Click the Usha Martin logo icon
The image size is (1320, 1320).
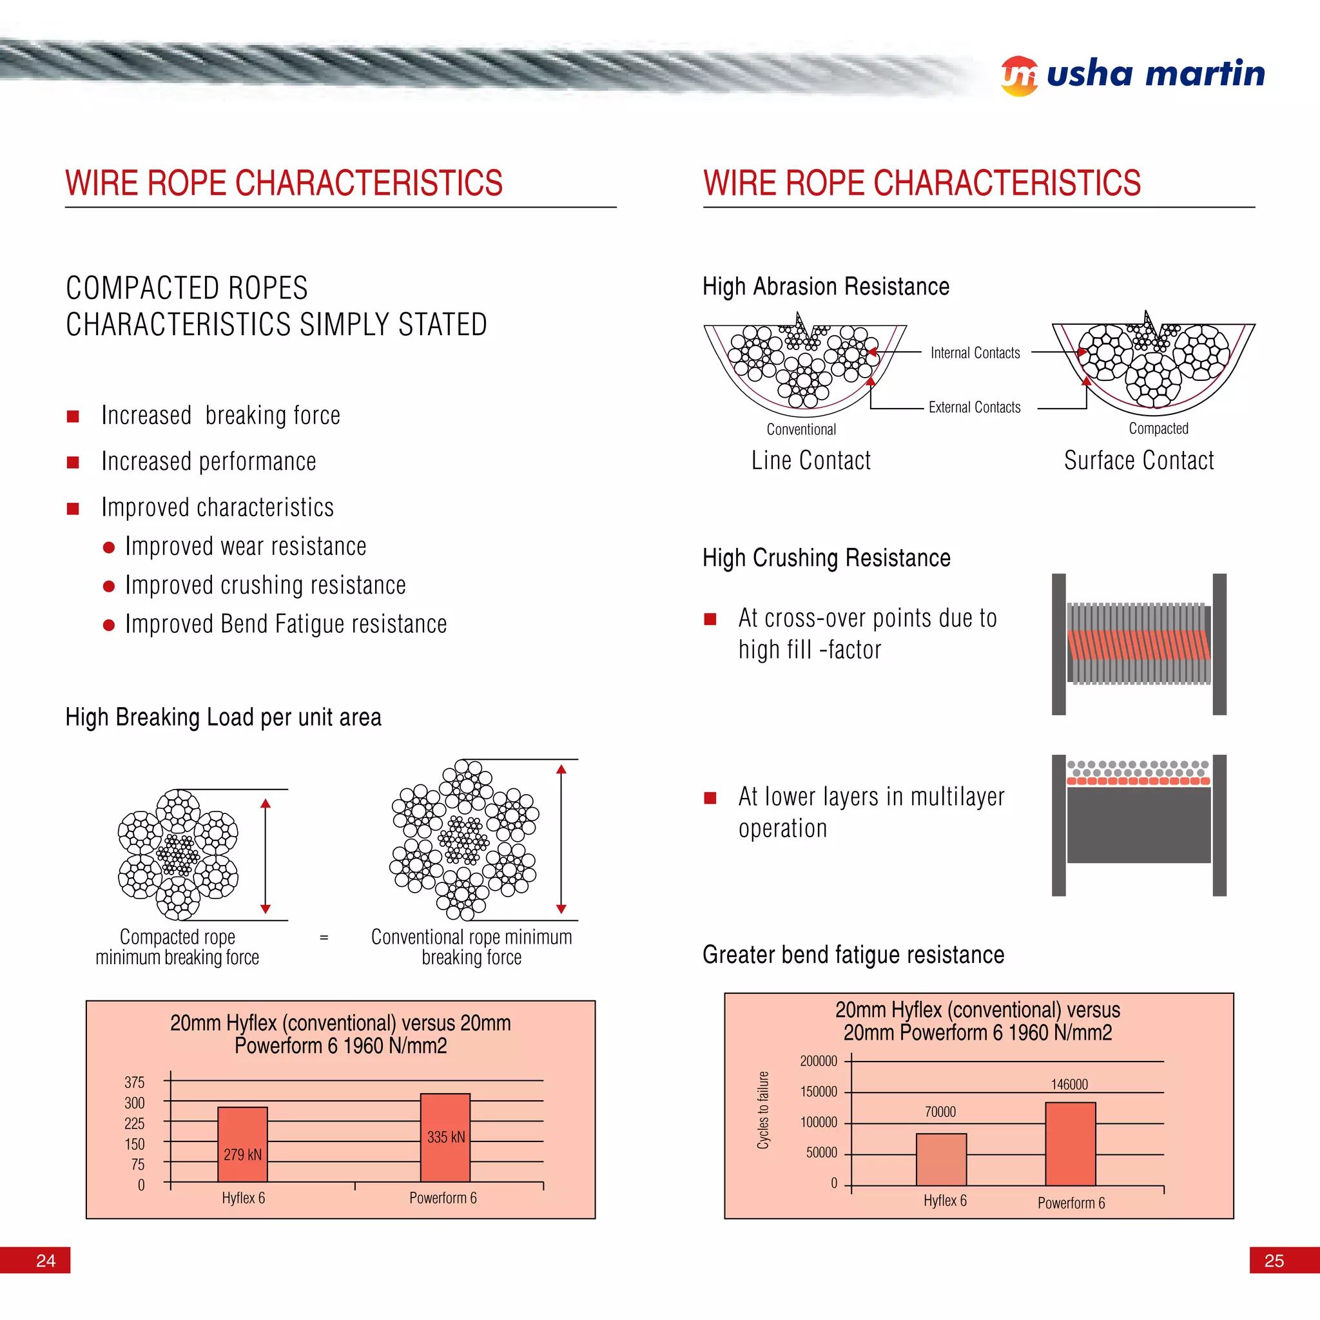1020,76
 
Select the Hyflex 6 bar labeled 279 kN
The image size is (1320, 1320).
242,1144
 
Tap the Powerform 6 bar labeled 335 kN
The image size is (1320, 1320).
445,1137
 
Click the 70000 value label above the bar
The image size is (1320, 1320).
940,1112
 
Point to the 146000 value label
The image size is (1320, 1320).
1069,1084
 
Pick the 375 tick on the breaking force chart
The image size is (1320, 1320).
135,1082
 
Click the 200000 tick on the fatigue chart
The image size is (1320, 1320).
819,1061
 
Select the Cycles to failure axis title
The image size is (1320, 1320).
763,1111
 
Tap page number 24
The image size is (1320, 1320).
46,1261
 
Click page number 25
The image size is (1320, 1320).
1274,1261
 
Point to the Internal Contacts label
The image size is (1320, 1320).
975,353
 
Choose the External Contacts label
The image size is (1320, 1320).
975,407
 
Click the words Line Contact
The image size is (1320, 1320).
811,460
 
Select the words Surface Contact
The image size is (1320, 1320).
1139,460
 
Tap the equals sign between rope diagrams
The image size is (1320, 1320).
324,937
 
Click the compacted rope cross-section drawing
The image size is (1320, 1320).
179,854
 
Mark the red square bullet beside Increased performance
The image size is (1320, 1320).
73,463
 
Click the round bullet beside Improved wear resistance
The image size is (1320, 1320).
109,547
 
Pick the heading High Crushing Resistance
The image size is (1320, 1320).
827,558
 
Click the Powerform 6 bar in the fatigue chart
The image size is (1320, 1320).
1071,1144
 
